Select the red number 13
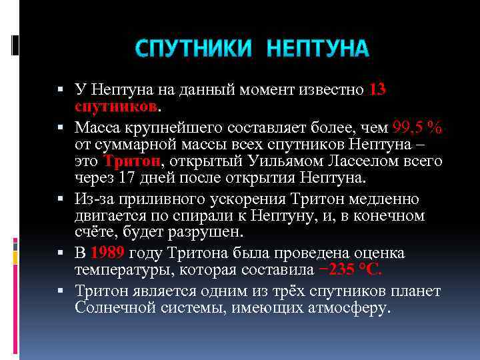click(377, 89)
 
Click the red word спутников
click(116, 107)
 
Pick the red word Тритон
click(133, 161)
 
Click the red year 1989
click(107, 253)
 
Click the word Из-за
click(93, 199)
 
